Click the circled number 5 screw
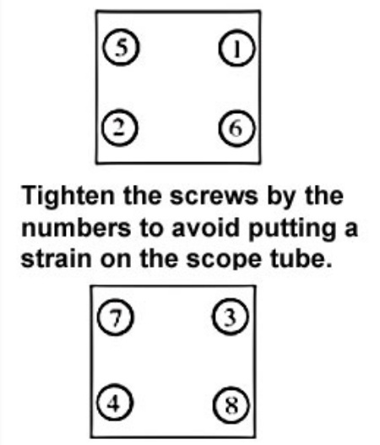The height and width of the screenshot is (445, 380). (122, 47)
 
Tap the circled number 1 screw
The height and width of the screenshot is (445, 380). (237, 48)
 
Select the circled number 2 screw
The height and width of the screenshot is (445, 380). (120, 128)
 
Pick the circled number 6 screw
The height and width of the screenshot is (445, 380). (237, 128)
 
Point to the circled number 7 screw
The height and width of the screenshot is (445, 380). (115, 317)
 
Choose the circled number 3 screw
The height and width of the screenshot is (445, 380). (231, 317)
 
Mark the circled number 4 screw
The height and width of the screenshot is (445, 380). (115, 402)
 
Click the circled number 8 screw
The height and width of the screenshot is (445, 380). (231, 404)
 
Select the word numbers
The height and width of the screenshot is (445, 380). (76, 228)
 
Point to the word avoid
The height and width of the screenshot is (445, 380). (205, 228)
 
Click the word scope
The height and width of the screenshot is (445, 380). (224, 261)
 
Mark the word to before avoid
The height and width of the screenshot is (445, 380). (150, 230)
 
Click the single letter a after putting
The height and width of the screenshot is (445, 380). (351, 231)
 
